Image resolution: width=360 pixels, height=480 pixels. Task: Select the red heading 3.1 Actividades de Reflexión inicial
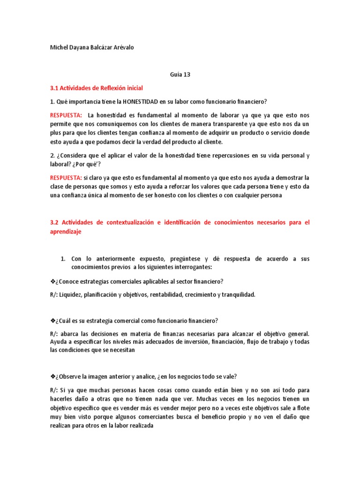point(96,88)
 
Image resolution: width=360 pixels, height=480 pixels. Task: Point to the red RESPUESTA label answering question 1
point(66,115)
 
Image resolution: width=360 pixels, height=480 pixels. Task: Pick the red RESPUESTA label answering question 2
point(66,178)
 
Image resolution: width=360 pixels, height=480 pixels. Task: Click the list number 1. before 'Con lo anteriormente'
point(64,259)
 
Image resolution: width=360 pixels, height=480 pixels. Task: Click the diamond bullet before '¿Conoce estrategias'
point(52,281)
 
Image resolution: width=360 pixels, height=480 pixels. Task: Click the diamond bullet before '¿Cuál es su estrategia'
point(52,321)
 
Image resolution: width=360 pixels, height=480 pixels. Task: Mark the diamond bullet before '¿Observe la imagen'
point(52,377)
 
